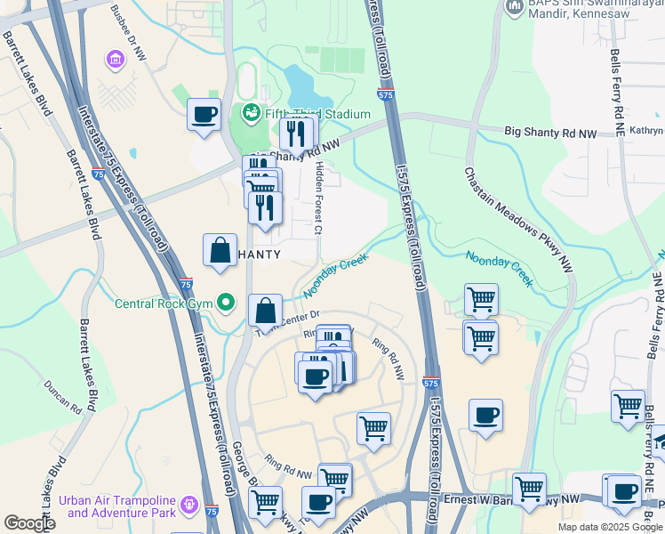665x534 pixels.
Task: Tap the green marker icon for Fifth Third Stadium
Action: (250, 113)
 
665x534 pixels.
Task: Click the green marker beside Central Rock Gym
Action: (227, 303)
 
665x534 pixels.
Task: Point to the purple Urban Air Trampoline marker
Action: (188, 506)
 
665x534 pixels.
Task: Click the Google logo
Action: (29, 523)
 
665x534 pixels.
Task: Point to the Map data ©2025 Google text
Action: (608, 527)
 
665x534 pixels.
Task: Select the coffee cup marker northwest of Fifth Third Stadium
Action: (204, 115)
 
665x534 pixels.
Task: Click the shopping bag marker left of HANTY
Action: (220, 251)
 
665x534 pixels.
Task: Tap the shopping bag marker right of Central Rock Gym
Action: (265, 311)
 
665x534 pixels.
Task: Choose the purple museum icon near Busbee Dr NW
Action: (114, 61)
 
